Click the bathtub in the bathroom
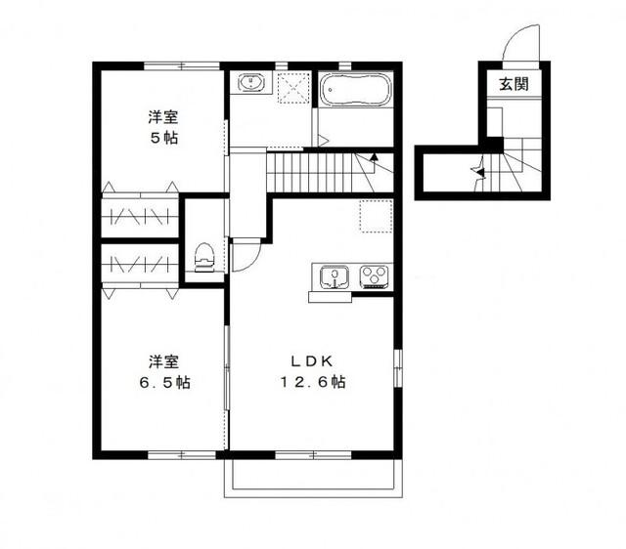[356, 92]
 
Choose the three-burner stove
[375, 276]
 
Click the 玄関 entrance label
[514, 84]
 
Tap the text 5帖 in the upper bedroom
[163, 138]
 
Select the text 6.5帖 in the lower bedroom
[163, 381]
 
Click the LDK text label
[312, 360]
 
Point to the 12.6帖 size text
[312, 382]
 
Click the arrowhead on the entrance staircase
[478, 172]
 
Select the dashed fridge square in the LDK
[375, 215]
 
